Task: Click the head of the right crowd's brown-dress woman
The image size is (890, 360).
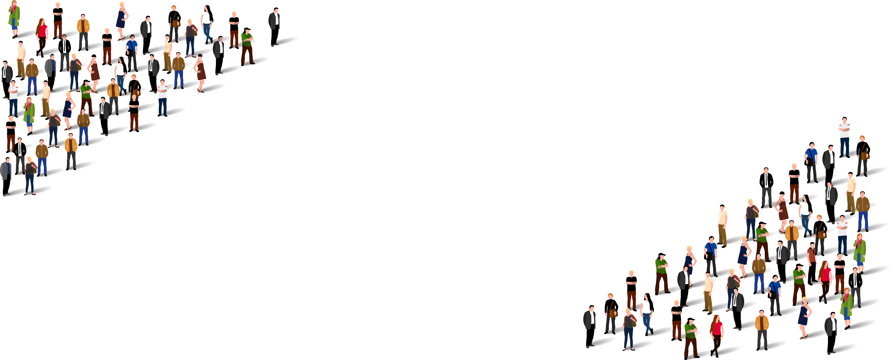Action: (x=782, y=194)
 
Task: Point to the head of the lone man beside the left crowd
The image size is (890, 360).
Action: (x=275, y=10)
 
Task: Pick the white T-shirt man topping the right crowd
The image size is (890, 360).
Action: (x=844, y=137)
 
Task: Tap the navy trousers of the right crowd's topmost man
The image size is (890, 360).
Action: (x=844, y=147)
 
